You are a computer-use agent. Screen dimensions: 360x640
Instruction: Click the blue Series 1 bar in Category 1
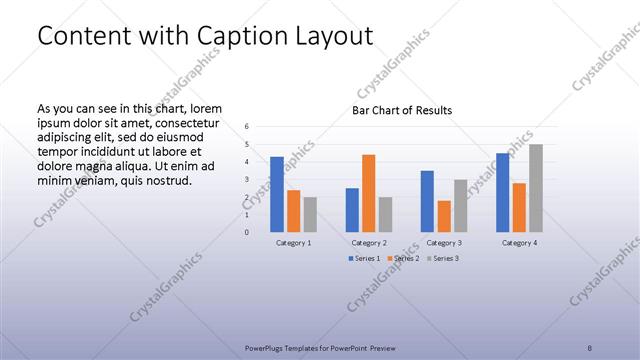(x=277, y=194)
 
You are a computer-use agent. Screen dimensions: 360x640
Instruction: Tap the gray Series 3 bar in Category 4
(x=536, y=188)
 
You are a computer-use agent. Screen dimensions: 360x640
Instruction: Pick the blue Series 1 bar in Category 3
(x=427, y=201)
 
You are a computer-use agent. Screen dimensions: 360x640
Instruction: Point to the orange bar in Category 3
(x=444, y=216)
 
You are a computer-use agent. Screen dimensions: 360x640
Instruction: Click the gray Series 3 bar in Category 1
(x=310, y=214)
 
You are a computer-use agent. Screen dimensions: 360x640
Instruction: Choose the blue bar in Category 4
(x=503, y=192)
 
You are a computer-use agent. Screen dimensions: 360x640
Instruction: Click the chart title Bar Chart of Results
(x=402, y=110)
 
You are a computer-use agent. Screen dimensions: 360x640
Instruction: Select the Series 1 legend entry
(x=363, y=259)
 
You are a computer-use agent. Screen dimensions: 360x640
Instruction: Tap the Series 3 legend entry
(x=442, y=259)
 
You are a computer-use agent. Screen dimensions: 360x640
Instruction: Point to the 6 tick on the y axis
(x=247, y=127)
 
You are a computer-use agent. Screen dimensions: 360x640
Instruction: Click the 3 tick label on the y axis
(x=247, y=179)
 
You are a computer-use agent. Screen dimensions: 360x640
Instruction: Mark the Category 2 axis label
(x=369, y=243)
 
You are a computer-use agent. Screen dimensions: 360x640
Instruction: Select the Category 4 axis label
(x=519, y=243)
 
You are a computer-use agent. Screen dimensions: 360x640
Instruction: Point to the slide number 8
(x=590, y=348)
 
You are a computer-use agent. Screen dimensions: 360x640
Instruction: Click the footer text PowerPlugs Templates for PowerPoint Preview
(x=320, y=348)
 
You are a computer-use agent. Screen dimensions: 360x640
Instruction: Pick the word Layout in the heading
(x=340, y=36)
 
